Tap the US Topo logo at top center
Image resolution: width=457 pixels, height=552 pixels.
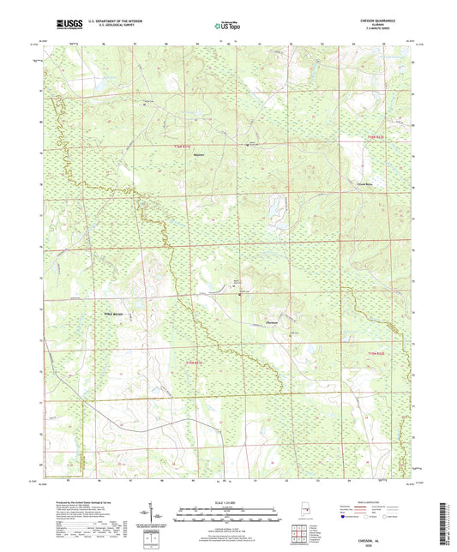(x=227, y=26)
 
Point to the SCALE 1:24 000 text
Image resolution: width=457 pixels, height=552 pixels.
(x=227, y=501)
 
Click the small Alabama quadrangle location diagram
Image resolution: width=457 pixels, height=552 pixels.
(x=296, y=515)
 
